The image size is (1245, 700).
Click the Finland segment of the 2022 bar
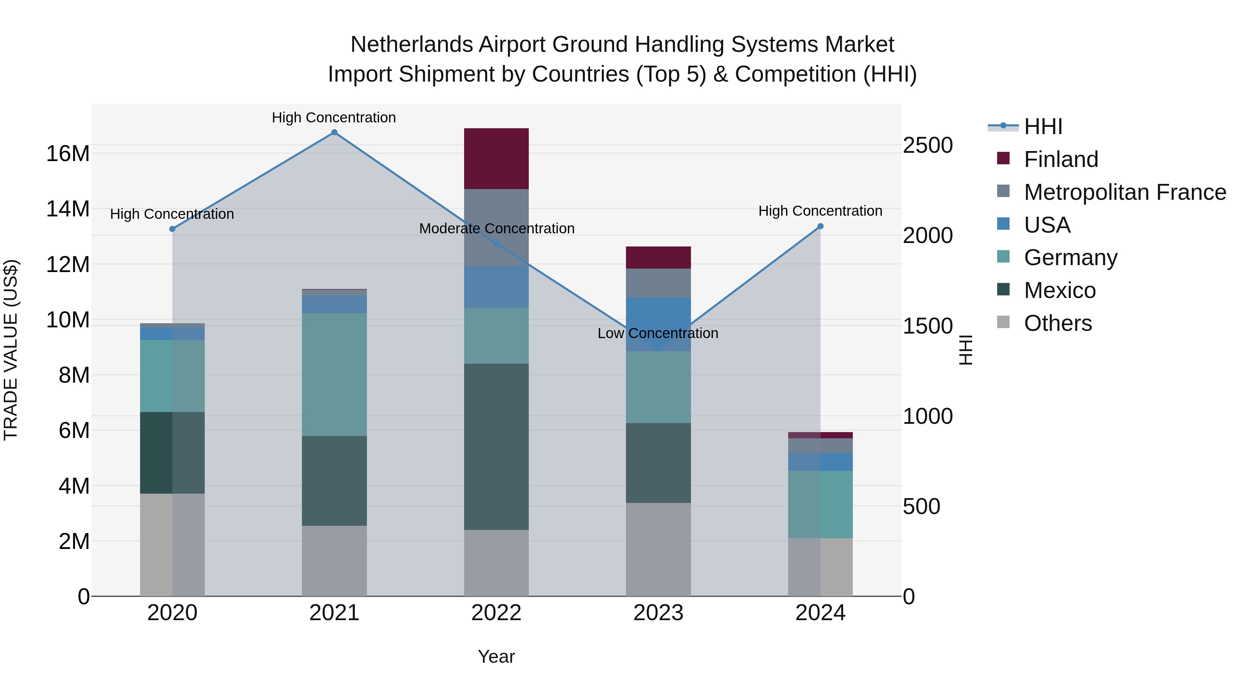coord(496,158)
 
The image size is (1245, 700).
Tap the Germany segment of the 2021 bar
coord(334,374)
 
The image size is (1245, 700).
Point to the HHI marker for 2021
coord(334,132)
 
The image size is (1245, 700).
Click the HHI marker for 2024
coord(820,226)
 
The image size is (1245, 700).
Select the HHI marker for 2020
coord(172,229)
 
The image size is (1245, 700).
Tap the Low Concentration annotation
coord(658,333)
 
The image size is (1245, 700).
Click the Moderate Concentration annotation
coord(496,228)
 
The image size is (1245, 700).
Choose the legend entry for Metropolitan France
coord(1125,192)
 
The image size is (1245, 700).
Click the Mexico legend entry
coord(1059,290)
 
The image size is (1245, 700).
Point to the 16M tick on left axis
coord(68,153)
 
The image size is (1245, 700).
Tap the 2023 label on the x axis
coord(658,613)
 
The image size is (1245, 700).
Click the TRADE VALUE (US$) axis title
coord(11,350)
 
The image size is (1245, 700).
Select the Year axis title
coord(496,656)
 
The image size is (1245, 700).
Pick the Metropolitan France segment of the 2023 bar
coord(658,283)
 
